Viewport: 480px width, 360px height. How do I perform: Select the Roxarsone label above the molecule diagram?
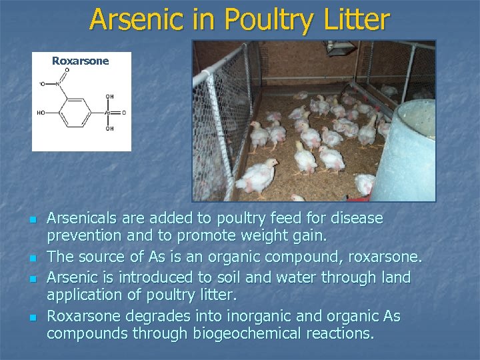click(x=80, y=61)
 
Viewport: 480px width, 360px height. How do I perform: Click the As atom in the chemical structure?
click(x=107, y=113)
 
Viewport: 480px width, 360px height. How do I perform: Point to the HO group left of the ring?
click(x=41, y=113)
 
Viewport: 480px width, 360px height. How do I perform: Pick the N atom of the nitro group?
click(x=59, y=85)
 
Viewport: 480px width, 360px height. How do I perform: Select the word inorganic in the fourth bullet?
click(x=259, y=315)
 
